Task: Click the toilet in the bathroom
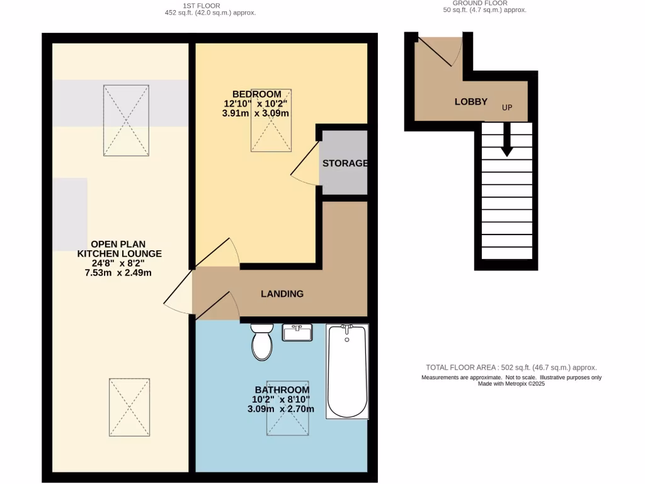click(x=261, y=343)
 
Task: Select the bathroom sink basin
click(x=297, y=333)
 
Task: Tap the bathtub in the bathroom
click(x=346, y=372)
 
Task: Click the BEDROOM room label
click(x=257, y=95)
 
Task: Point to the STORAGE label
click(x=345, y=163)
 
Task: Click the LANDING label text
click(x=282, y=294)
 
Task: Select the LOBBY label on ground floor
click(x=471, y=101)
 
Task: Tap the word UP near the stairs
click(x=507, y=107)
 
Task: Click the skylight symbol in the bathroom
click(x=287, y=408)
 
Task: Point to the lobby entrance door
click(x=436, y=50)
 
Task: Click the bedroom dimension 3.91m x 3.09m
click(x=256, y=113)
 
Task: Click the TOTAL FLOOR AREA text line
click(x=511, y=367)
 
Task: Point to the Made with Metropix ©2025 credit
click(x=511, y=384)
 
